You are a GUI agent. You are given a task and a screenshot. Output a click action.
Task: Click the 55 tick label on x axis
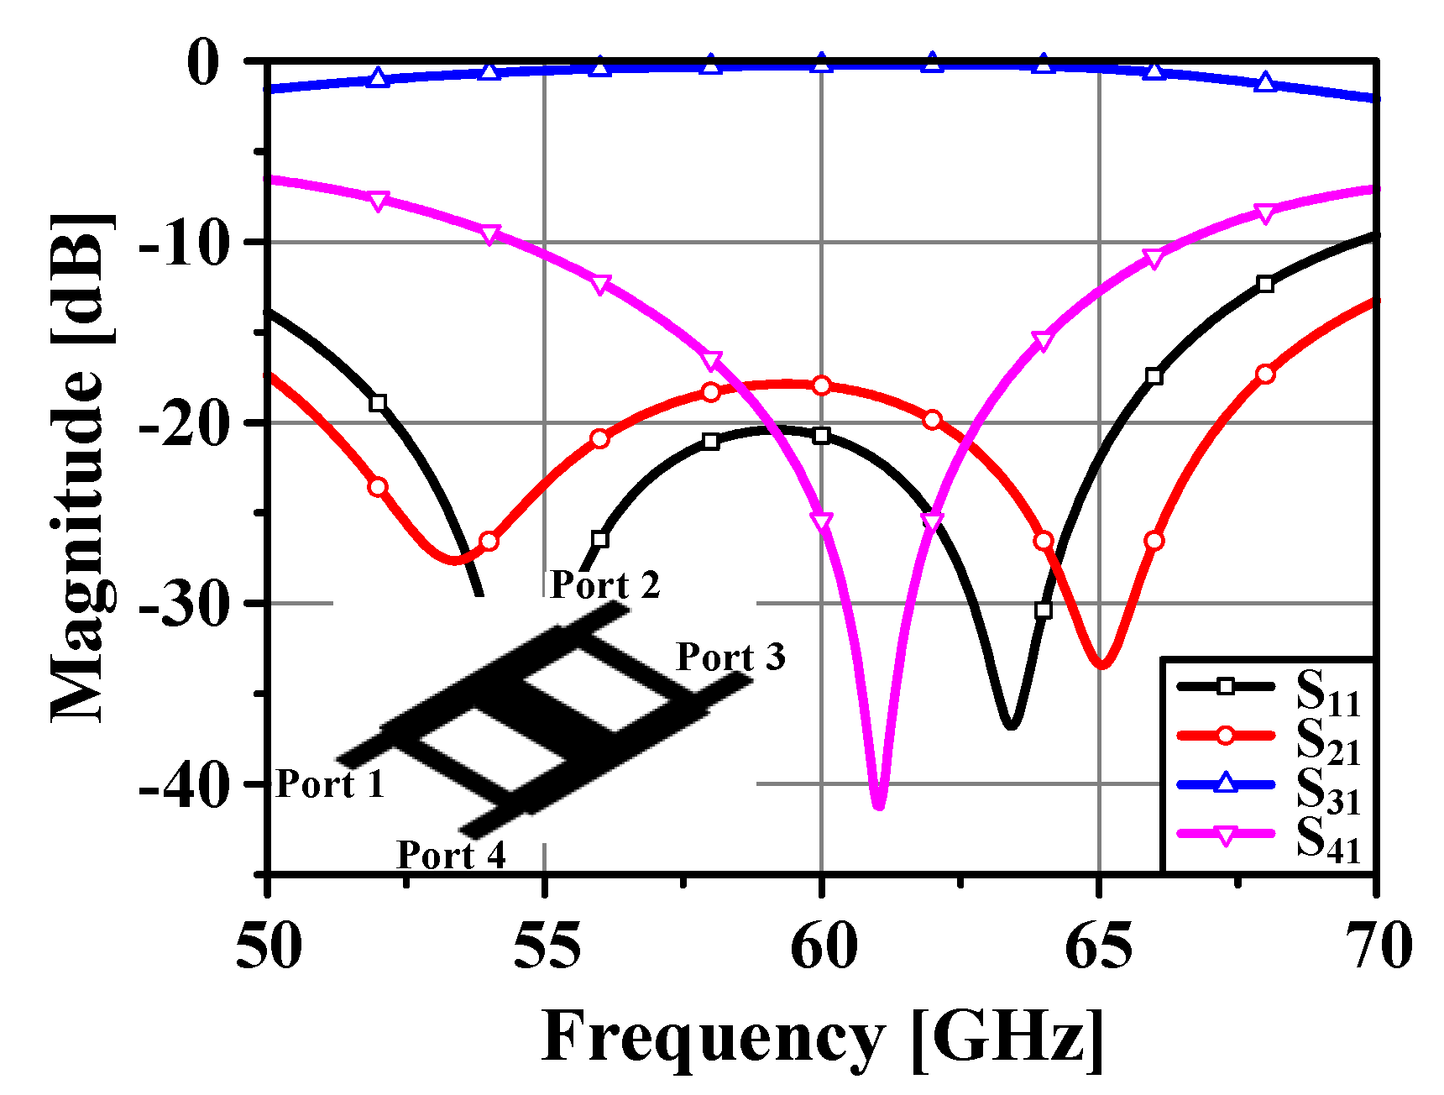[546, 946]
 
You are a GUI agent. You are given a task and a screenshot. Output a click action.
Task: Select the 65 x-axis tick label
[1099, 946]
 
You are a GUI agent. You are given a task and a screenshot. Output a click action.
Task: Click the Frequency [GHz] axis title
[823, 1037]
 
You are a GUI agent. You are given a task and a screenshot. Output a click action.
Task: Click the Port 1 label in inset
[330, 784]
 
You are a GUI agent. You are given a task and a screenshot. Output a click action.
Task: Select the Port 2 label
[604, 585]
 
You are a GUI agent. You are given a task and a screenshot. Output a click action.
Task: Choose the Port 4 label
[451, 856]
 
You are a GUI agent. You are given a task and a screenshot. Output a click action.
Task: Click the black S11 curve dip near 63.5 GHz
[1011, 725]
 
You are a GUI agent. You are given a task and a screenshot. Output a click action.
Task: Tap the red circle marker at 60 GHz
[822, 385]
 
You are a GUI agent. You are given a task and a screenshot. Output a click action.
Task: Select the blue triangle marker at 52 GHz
[379, 78]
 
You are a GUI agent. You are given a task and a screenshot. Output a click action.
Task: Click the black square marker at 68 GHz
[1265, 284]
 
